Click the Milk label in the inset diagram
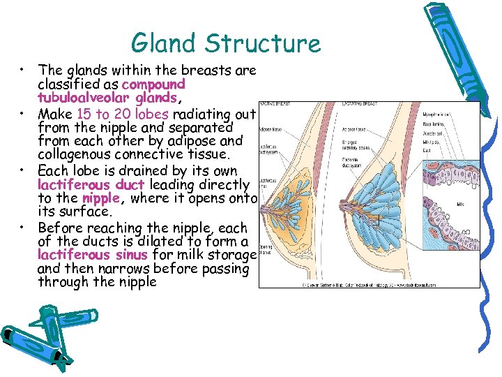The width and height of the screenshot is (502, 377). point(460,205)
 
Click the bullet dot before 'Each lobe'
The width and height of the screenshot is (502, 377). point(24,170)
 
